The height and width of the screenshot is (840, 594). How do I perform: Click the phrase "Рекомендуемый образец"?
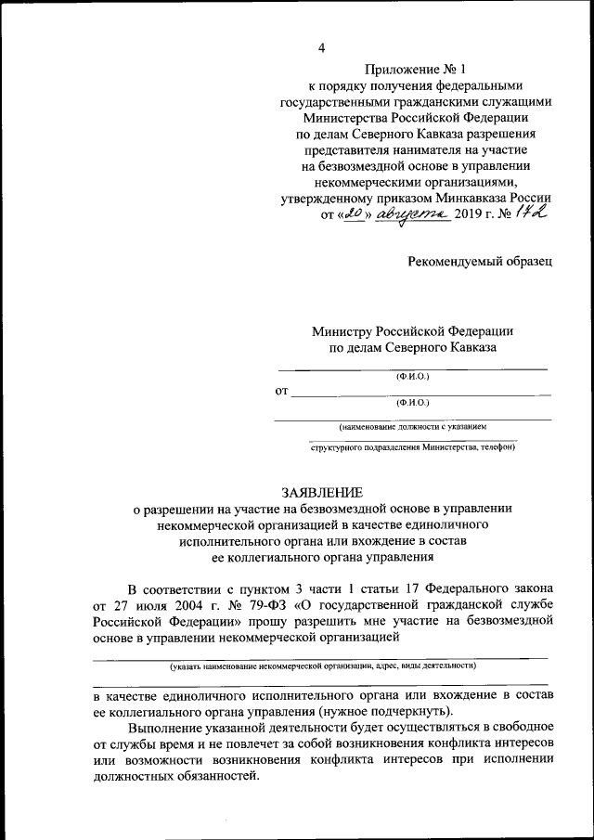[x=480, y=261]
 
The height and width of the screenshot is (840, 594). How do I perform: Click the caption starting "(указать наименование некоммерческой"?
[x=322, y=666]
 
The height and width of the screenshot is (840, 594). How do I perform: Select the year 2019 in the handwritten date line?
[x=473, y=215]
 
